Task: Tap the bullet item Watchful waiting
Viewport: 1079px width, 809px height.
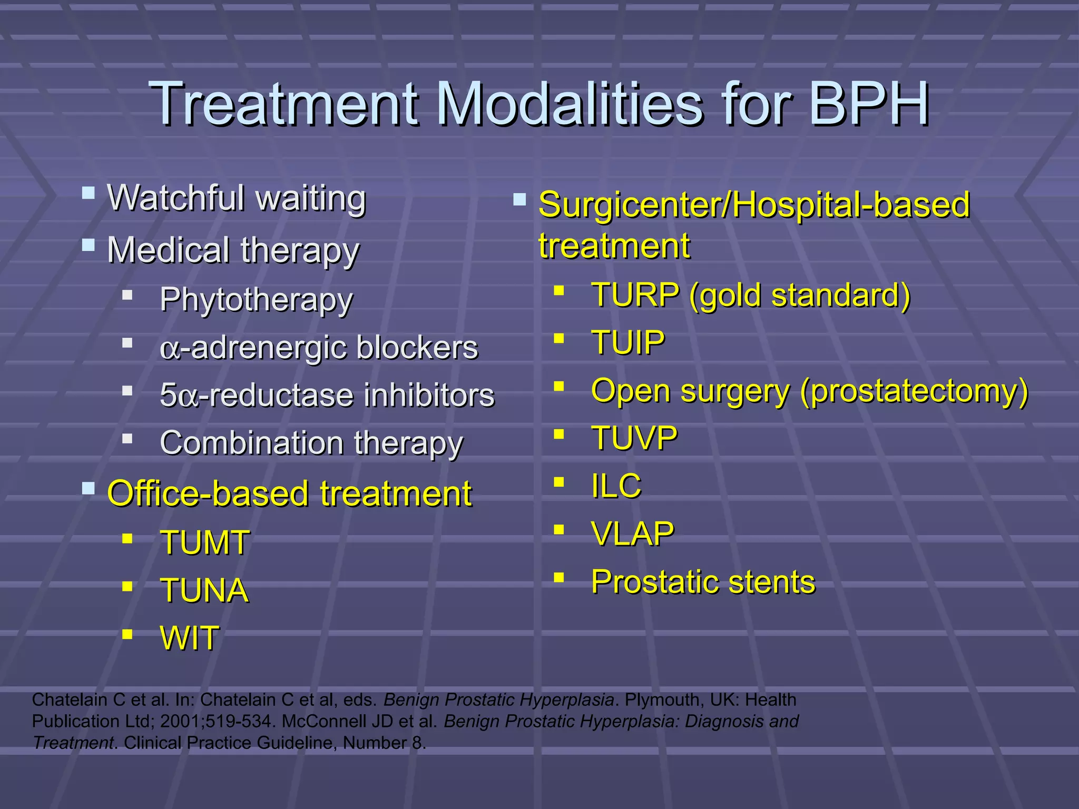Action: coord(237,199)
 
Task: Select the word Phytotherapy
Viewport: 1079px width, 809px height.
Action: coord(256,300)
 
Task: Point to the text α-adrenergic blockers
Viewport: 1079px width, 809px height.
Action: coord(319,348)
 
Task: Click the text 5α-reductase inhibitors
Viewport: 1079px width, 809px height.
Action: coord(327,396)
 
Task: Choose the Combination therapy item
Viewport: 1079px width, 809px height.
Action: coord(311,443)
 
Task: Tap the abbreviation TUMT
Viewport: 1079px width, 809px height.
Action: coord(204,542)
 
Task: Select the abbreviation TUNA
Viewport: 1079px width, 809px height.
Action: coord(204,590)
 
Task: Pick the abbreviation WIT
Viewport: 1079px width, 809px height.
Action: coord(189,638)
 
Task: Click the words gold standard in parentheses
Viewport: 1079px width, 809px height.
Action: coord(800,295)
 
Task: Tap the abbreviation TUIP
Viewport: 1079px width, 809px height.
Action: coord(628,342)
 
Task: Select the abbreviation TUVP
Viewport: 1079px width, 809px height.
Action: coord(634,438)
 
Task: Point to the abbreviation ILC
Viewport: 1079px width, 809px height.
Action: coord(616,486)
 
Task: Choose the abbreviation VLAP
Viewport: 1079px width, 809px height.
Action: coord(632,534)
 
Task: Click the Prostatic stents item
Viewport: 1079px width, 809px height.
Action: coord(703,582)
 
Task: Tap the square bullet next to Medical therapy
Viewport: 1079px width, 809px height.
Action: coord(89,245)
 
